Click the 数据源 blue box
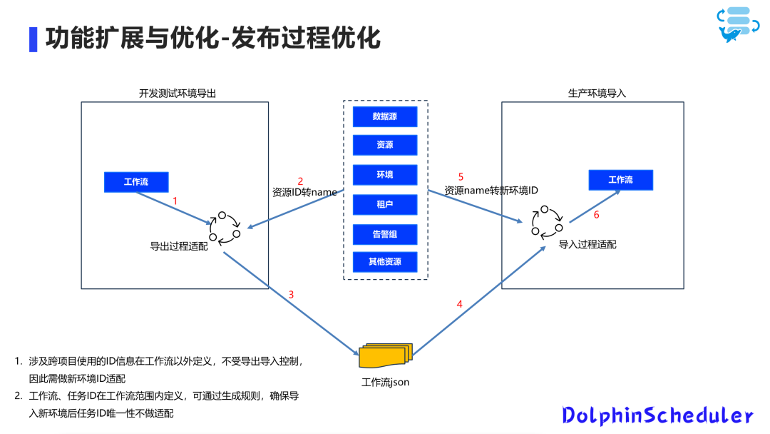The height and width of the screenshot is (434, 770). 385,116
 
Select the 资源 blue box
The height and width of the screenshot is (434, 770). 385,145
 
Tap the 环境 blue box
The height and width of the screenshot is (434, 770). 385,175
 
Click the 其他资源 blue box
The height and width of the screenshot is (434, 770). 385,262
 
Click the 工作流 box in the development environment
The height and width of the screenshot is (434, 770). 136,182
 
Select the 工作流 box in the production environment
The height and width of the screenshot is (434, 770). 620,180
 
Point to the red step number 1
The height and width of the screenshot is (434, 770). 175,202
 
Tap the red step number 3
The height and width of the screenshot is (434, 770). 291,294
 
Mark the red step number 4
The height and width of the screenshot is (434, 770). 459,304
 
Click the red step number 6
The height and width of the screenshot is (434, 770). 597,215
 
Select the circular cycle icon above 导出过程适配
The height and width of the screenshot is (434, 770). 225,228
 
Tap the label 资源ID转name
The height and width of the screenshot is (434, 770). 304,192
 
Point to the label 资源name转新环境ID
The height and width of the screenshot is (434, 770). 491,191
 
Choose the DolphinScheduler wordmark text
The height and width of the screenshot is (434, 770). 657,415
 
